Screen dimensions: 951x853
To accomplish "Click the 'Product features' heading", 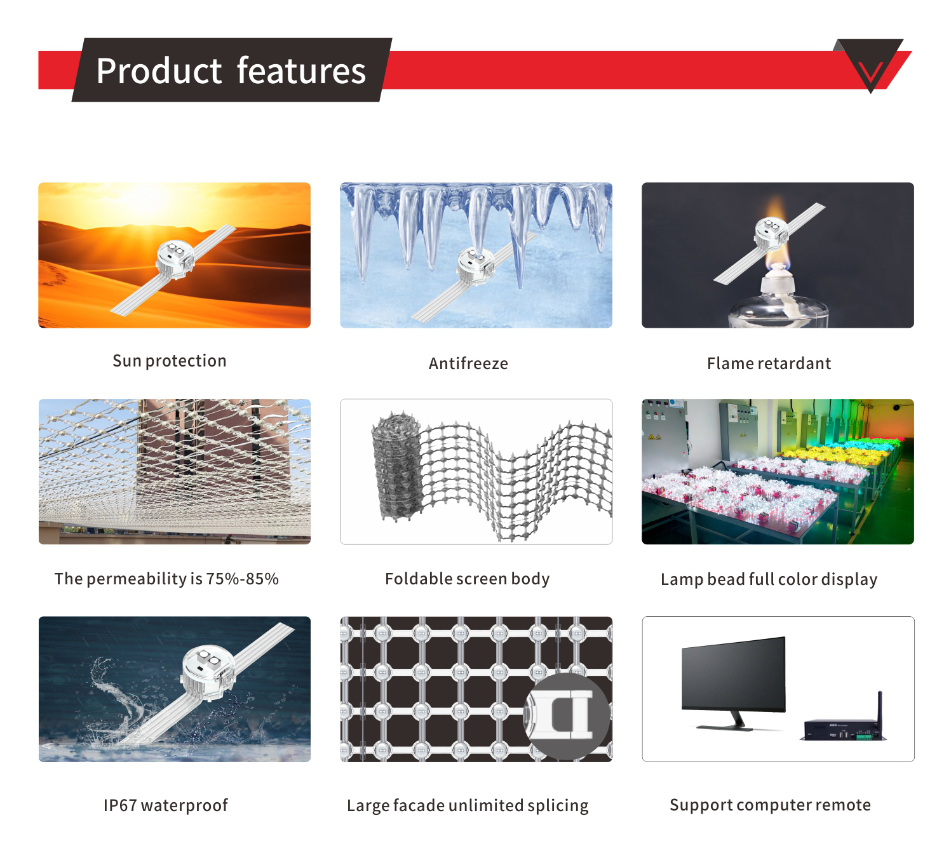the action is (231, 71).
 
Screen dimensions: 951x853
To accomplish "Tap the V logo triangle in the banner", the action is (870, 64).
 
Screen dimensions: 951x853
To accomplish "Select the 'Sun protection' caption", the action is (170, 361).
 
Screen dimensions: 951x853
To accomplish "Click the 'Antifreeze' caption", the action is (468, 363).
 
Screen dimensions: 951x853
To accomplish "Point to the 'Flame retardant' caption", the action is (769, 363).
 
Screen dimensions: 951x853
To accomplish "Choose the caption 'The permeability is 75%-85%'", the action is (166, 579).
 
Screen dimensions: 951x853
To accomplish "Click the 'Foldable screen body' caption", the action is (467, 579).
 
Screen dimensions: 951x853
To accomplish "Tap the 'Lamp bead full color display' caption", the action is (769, 579).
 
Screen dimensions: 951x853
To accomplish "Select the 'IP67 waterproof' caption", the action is (166, 805).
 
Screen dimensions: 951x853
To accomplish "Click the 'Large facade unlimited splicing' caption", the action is (468, 805).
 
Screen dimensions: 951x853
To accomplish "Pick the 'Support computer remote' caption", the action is (771, 805).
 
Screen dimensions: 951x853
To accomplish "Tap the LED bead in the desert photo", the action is (175, 260).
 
